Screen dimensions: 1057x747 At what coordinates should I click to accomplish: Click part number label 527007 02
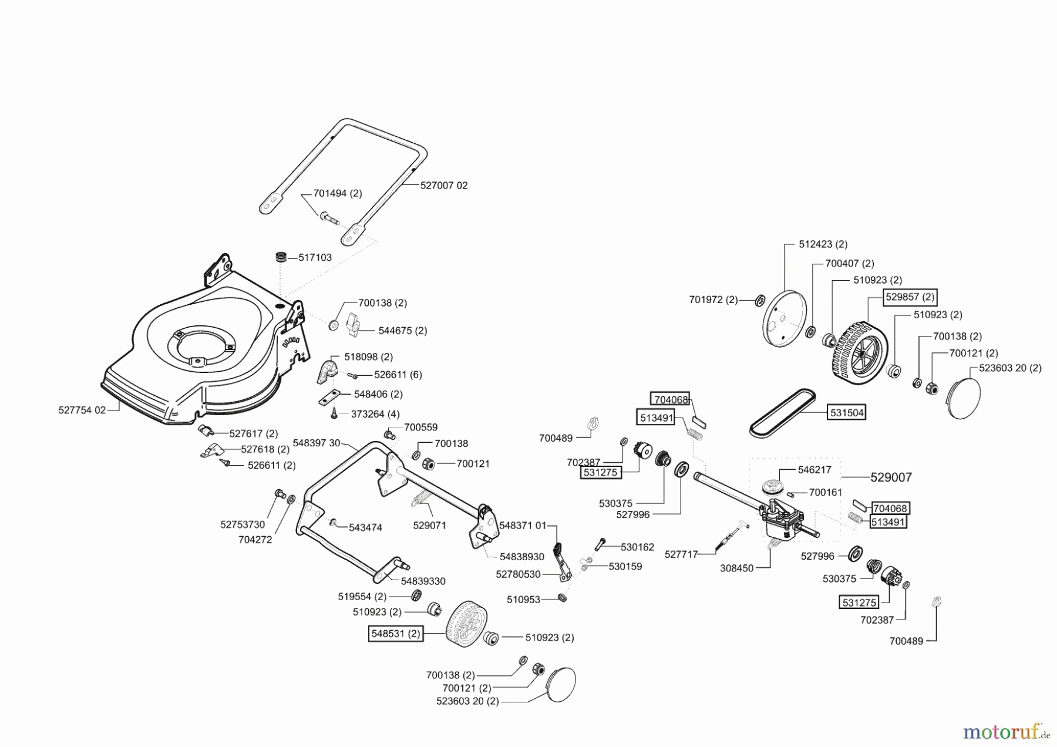(x=444, y=185)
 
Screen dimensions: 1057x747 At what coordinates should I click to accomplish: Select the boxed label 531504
(x=847, y=413)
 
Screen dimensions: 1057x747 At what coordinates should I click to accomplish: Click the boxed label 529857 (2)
(x=910, y=297)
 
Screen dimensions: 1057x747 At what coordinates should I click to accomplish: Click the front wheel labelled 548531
(x=467, y=623)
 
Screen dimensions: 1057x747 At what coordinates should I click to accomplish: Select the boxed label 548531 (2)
(x=396, y=634)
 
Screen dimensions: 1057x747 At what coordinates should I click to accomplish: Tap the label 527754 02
(x=82, y=410)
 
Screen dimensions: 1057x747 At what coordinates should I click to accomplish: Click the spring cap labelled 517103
(x=283, y=257)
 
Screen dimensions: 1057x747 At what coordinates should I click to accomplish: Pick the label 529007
(x=891, y=477)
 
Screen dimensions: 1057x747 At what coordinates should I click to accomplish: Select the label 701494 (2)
(x=338, y=193)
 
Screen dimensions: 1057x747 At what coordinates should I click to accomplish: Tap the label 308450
(x=736, y=568)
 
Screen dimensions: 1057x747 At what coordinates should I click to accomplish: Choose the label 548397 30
(x=316, y=443)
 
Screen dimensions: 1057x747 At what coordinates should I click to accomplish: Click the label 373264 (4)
(x=375, y=414)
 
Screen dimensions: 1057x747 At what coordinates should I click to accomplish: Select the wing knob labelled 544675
(x=353, y=325)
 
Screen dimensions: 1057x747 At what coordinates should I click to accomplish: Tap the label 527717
(x=681, y=554)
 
